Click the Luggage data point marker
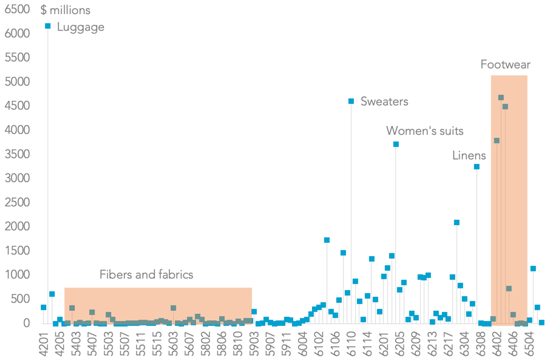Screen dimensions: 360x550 (x=47, y=25)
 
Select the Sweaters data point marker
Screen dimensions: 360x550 (x=351, y=101)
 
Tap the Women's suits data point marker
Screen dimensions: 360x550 (x=396, y=144)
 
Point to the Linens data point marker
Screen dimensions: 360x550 (x=477, y=166)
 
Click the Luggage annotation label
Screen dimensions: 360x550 (x=80, y=27)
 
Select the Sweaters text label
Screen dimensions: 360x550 (x=384, y=101)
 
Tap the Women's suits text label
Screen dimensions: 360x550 (x=425, y=131)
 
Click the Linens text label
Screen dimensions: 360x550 (x=469, y=155)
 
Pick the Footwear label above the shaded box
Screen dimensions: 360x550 (x=505, y=64)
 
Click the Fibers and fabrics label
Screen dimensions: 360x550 (x=146, y=274)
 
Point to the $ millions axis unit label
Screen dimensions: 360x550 (x=65, y=10)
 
